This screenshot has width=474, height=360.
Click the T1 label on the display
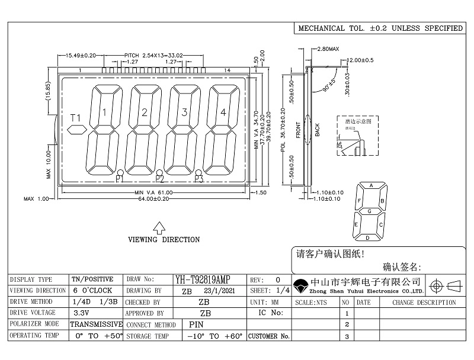(75, 117)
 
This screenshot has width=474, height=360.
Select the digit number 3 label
(184, 112)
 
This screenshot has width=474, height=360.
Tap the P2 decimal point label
(159, 178)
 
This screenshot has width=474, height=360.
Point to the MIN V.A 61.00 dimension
(153, 193)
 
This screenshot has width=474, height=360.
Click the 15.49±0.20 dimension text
(81, 55)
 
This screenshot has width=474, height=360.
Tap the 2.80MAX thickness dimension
(328, 48)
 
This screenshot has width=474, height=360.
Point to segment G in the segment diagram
(370, 211)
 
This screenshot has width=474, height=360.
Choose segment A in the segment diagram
(371, 185)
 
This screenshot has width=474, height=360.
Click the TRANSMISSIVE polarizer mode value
(97, 324)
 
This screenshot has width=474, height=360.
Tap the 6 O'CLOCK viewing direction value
(92, 291)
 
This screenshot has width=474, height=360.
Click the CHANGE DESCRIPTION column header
(424, 302)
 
